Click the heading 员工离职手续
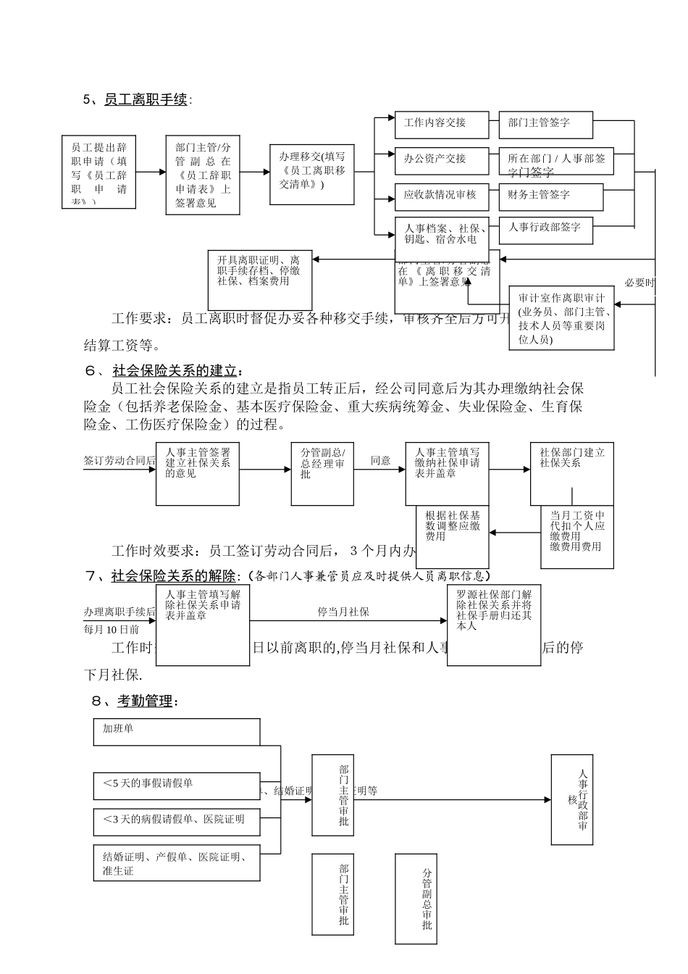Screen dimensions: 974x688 coord(146,100)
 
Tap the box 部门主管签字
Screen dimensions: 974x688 coord(545,125)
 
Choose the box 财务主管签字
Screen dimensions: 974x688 coord(550,196)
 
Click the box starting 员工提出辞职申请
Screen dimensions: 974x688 coord(98,172)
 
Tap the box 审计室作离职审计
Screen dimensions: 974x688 coord(562,318)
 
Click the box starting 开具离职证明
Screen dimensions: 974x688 coord(259,280)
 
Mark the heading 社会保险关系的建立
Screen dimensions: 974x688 coord(175,371)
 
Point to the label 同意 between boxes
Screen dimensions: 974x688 coord(381,461)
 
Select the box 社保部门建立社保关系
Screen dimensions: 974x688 coord(571,473)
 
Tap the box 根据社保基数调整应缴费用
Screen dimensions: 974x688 coord(453,536)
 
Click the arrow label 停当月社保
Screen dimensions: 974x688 coord(343,612)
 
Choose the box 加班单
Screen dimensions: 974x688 coord(176,731)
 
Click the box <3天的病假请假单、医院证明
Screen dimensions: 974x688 coord(176,820)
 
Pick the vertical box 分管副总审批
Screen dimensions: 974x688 coord(426,899)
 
